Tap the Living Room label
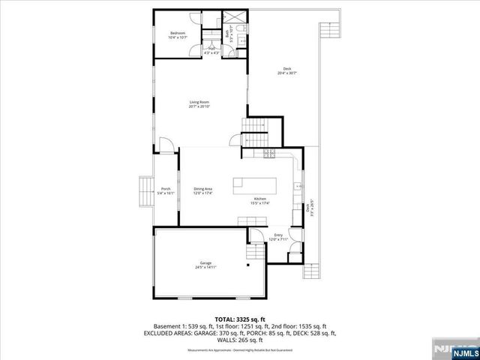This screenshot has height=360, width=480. click(x=199, y=104)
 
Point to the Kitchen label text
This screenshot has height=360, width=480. click(x=260, y=200)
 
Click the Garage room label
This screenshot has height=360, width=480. click(x=205, y=265)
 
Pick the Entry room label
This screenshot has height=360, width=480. click(x=278, y=238)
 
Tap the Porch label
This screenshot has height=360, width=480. click(x=165, y=190)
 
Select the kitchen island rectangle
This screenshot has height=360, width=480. click(x=253, y=185)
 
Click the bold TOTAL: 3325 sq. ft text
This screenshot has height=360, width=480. click(x=239, y=318)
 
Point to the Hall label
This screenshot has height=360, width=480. click(x=212, y=51)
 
